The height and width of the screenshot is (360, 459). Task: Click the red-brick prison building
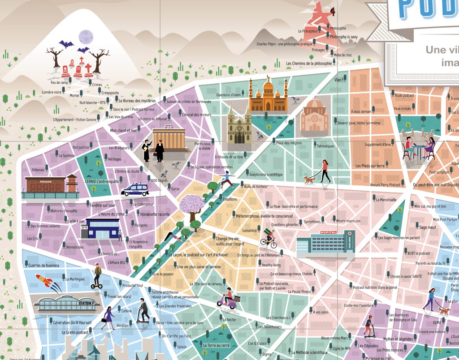[50, 185]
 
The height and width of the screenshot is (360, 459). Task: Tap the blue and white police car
[135, 189]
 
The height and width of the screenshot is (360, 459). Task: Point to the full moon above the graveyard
[85, 36]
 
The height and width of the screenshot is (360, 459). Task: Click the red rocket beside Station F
[43, 281]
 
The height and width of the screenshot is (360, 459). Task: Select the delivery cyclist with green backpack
[269, 238]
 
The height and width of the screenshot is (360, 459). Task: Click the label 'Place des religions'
[289, 143]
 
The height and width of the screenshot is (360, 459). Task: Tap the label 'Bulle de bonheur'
[255, 186]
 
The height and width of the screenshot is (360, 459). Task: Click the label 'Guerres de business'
[43, 265]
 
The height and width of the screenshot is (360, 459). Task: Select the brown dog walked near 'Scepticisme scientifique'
[309, 180]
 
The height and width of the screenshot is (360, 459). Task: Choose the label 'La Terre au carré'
[216, 346]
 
